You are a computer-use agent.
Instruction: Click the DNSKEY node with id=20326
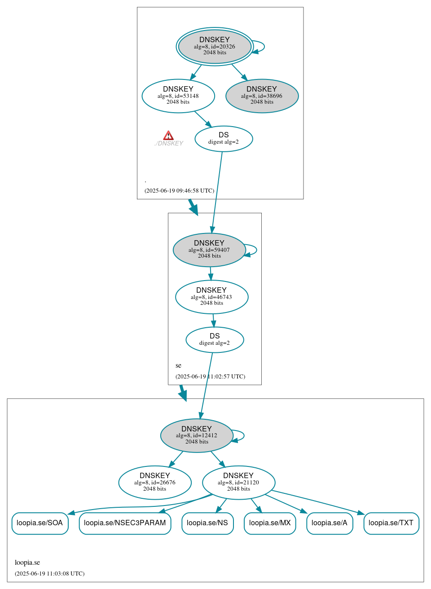pyautogui.click(x=215, y=46)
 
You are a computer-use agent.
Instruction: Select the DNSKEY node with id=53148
pyautogui.click(x=178, y=96)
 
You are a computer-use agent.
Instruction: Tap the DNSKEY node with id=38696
pyautogui.click(x=262, y=96)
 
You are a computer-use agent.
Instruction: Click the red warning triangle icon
pyautogui.click(x=168, y=136)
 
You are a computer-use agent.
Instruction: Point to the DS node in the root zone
pyautogui.click(x=224, y=139)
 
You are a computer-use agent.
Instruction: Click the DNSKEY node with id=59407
pyautogui.click(x=209, y=250)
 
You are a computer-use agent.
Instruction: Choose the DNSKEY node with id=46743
pyautogui.click(x=211, y=297)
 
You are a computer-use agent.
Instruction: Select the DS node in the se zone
pyautogui.click(x=215, y=340)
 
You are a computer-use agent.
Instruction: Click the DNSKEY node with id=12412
pyautogui.click(x=197, y=435)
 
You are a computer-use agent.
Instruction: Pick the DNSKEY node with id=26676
pyautogui.click(x=155, y=483)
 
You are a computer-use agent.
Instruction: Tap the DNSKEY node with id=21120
pyautogui.click(x=238, y=483)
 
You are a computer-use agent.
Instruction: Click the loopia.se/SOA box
pyautogui.click(x=40, y=523)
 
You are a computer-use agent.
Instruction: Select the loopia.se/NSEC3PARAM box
pyautogui.click(x=125, y=523)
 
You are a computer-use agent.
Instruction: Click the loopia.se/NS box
pyautogui.click(x=207, y=523)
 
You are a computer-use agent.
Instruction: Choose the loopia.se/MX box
pyautogui.click(x=270, y=523)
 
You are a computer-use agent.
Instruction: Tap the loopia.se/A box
pyautogui.click(x=330, y=523)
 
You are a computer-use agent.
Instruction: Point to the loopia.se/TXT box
pyautogui.click(x=391, y=523)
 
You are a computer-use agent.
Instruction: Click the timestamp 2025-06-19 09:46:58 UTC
pyautogui.click(x=179, y=191)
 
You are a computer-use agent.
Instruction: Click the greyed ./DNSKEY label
pyautogui.click(x=169, y=144)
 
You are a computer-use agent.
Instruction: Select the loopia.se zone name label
pyautogui.click(x=27, y=563)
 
